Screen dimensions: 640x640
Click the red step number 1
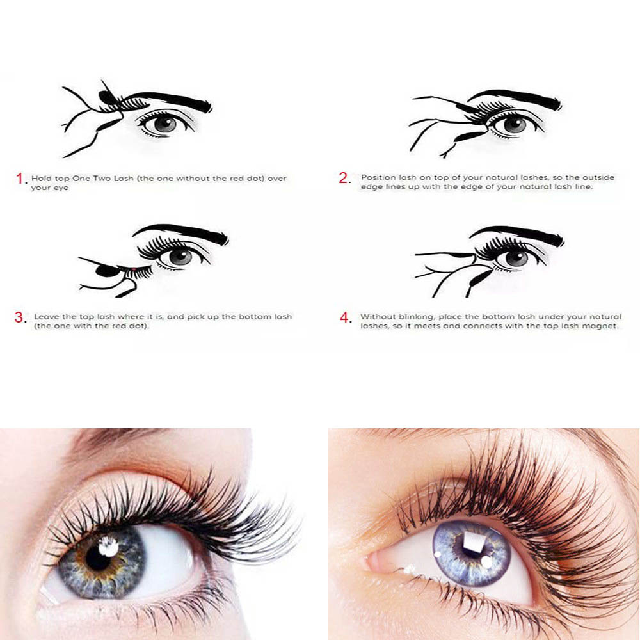click(20, 179)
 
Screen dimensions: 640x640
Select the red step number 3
click(19, 317)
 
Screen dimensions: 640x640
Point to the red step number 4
click(345, 317)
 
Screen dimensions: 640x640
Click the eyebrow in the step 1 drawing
click(172, 100)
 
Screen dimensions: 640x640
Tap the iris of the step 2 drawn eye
click(515, 125)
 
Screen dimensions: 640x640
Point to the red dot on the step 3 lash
click(134, 269)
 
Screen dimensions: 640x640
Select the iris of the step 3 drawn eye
click(180, 257)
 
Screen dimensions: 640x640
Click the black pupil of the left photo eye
click(98, 558)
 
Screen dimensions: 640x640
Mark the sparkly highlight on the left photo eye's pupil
click(109, 547)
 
